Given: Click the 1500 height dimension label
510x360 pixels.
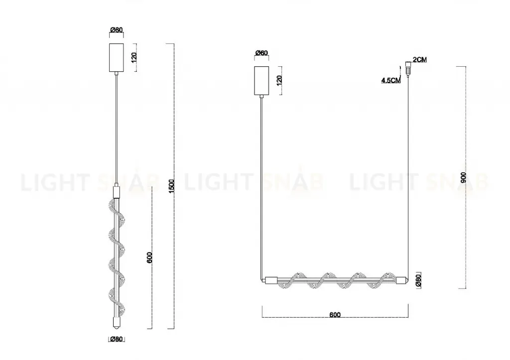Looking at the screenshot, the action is (x=172, y=186).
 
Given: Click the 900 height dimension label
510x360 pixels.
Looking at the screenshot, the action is (x=464, y=177).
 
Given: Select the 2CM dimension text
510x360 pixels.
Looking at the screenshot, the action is (x=419, y=60).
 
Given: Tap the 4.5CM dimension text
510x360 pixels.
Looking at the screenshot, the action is (x=390, y=80).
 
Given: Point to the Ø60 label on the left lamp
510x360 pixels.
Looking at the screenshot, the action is (x=117, y=30).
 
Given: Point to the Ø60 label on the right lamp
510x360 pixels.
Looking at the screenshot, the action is (x=261, y=53).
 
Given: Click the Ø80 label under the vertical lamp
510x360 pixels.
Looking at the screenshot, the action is (x=117, y=339).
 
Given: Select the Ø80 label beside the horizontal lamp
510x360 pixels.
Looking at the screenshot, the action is (x=418, y=280).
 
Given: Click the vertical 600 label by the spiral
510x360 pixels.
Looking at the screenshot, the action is (x=149, y=257).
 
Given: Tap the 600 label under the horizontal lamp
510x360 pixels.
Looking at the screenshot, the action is (x=335, y=315).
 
